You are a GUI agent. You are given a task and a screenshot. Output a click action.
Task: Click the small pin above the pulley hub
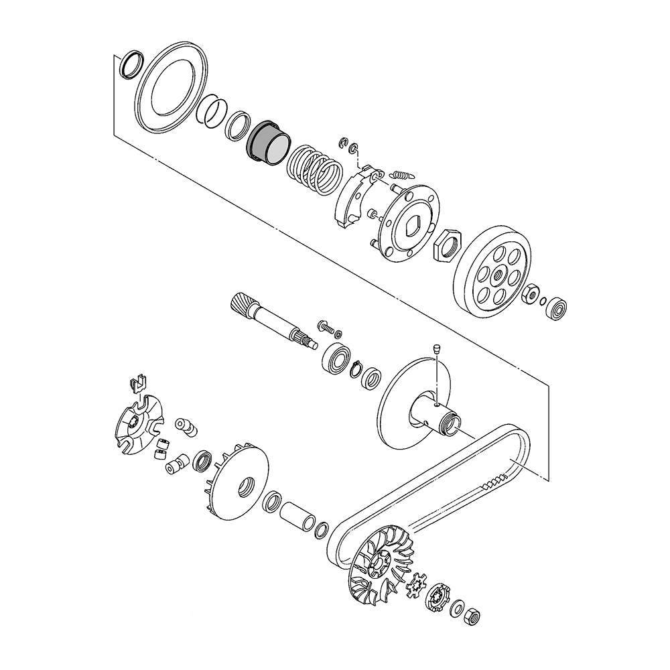tap(436, 348)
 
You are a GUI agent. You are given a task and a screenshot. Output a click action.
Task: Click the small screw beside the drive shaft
tap(326, 326)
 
